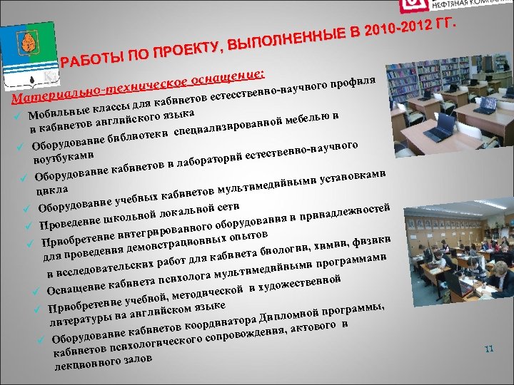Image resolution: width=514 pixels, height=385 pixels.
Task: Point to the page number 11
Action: click(489, 349)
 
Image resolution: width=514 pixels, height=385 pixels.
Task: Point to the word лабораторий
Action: click(213, 160)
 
